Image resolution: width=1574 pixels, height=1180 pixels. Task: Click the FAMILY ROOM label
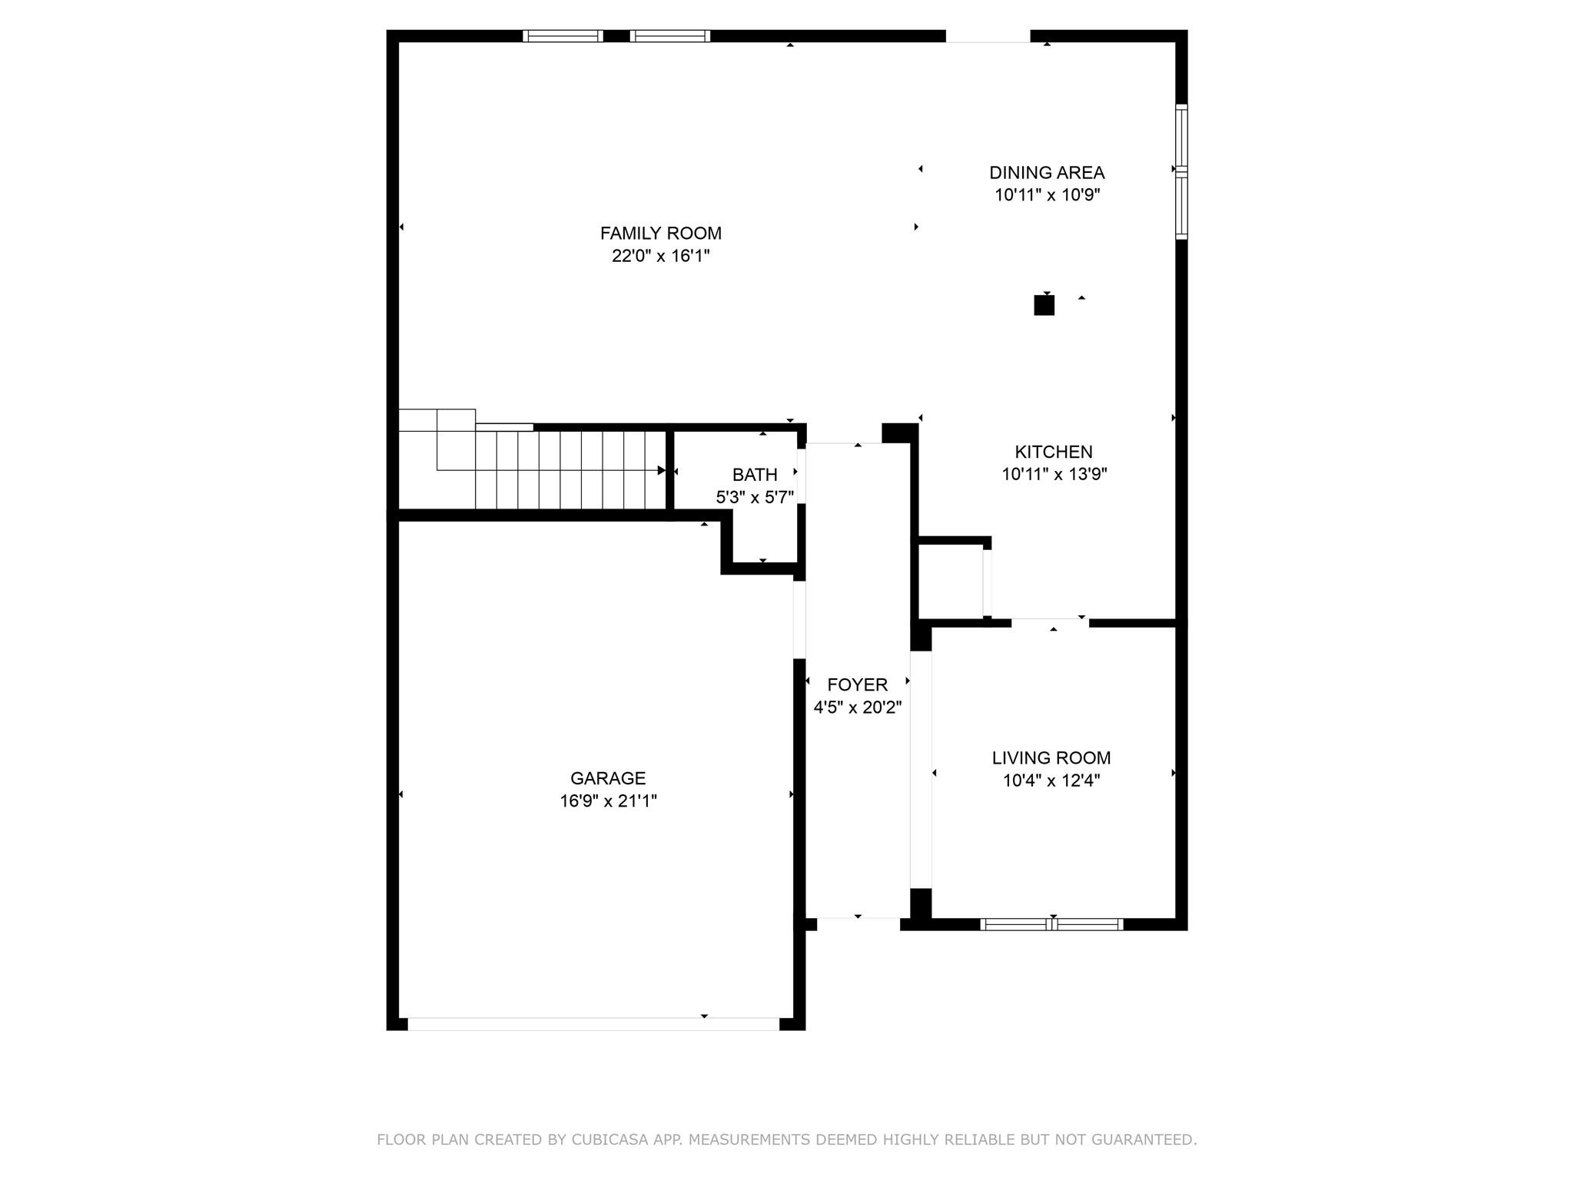tap(660, 233)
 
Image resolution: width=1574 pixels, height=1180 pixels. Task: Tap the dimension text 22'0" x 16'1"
tap(660, 256)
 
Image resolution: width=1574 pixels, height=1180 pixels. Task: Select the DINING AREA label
tap(1047, 173)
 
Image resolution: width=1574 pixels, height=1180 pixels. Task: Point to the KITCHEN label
tap(1053, 452)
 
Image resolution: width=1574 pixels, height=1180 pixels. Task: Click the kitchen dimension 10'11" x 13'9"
tap(1054, 474)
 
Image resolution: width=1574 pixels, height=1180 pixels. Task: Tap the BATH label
tap(754, 475)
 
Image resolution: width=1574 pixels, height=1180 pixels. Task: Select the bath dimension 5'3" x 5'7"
tap(754, 498)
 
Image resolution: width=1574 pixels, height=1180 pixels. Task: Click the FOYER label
tap(857, 684)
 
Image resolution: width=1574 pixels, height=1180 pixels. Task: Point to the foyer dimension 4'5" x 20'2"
tap(857, 707)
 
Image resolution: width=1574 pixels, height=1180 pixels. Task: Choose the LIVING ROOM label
tap(1051, 758)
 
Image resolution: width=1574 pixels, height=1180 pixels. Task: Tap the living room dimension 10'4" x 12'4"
tap(1051, 781)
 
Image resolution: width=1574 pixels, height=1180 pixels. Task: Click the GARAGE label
tap(607, 778)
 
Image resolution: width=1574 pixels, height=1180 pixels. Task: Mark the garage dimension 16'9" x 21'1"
tap(607, 801)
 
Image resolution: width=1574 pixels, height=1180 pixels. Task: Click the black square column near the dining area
tap(1044, 306)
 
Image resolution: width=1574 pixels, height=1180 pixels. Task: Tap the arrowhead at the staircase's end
tap(661, 470)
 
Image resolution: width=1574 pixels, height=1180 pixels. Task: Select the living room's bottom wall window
tap(1051, 924)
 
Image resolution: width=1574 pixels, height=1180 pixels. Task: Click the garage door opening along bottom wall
tap(593, 1023)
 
